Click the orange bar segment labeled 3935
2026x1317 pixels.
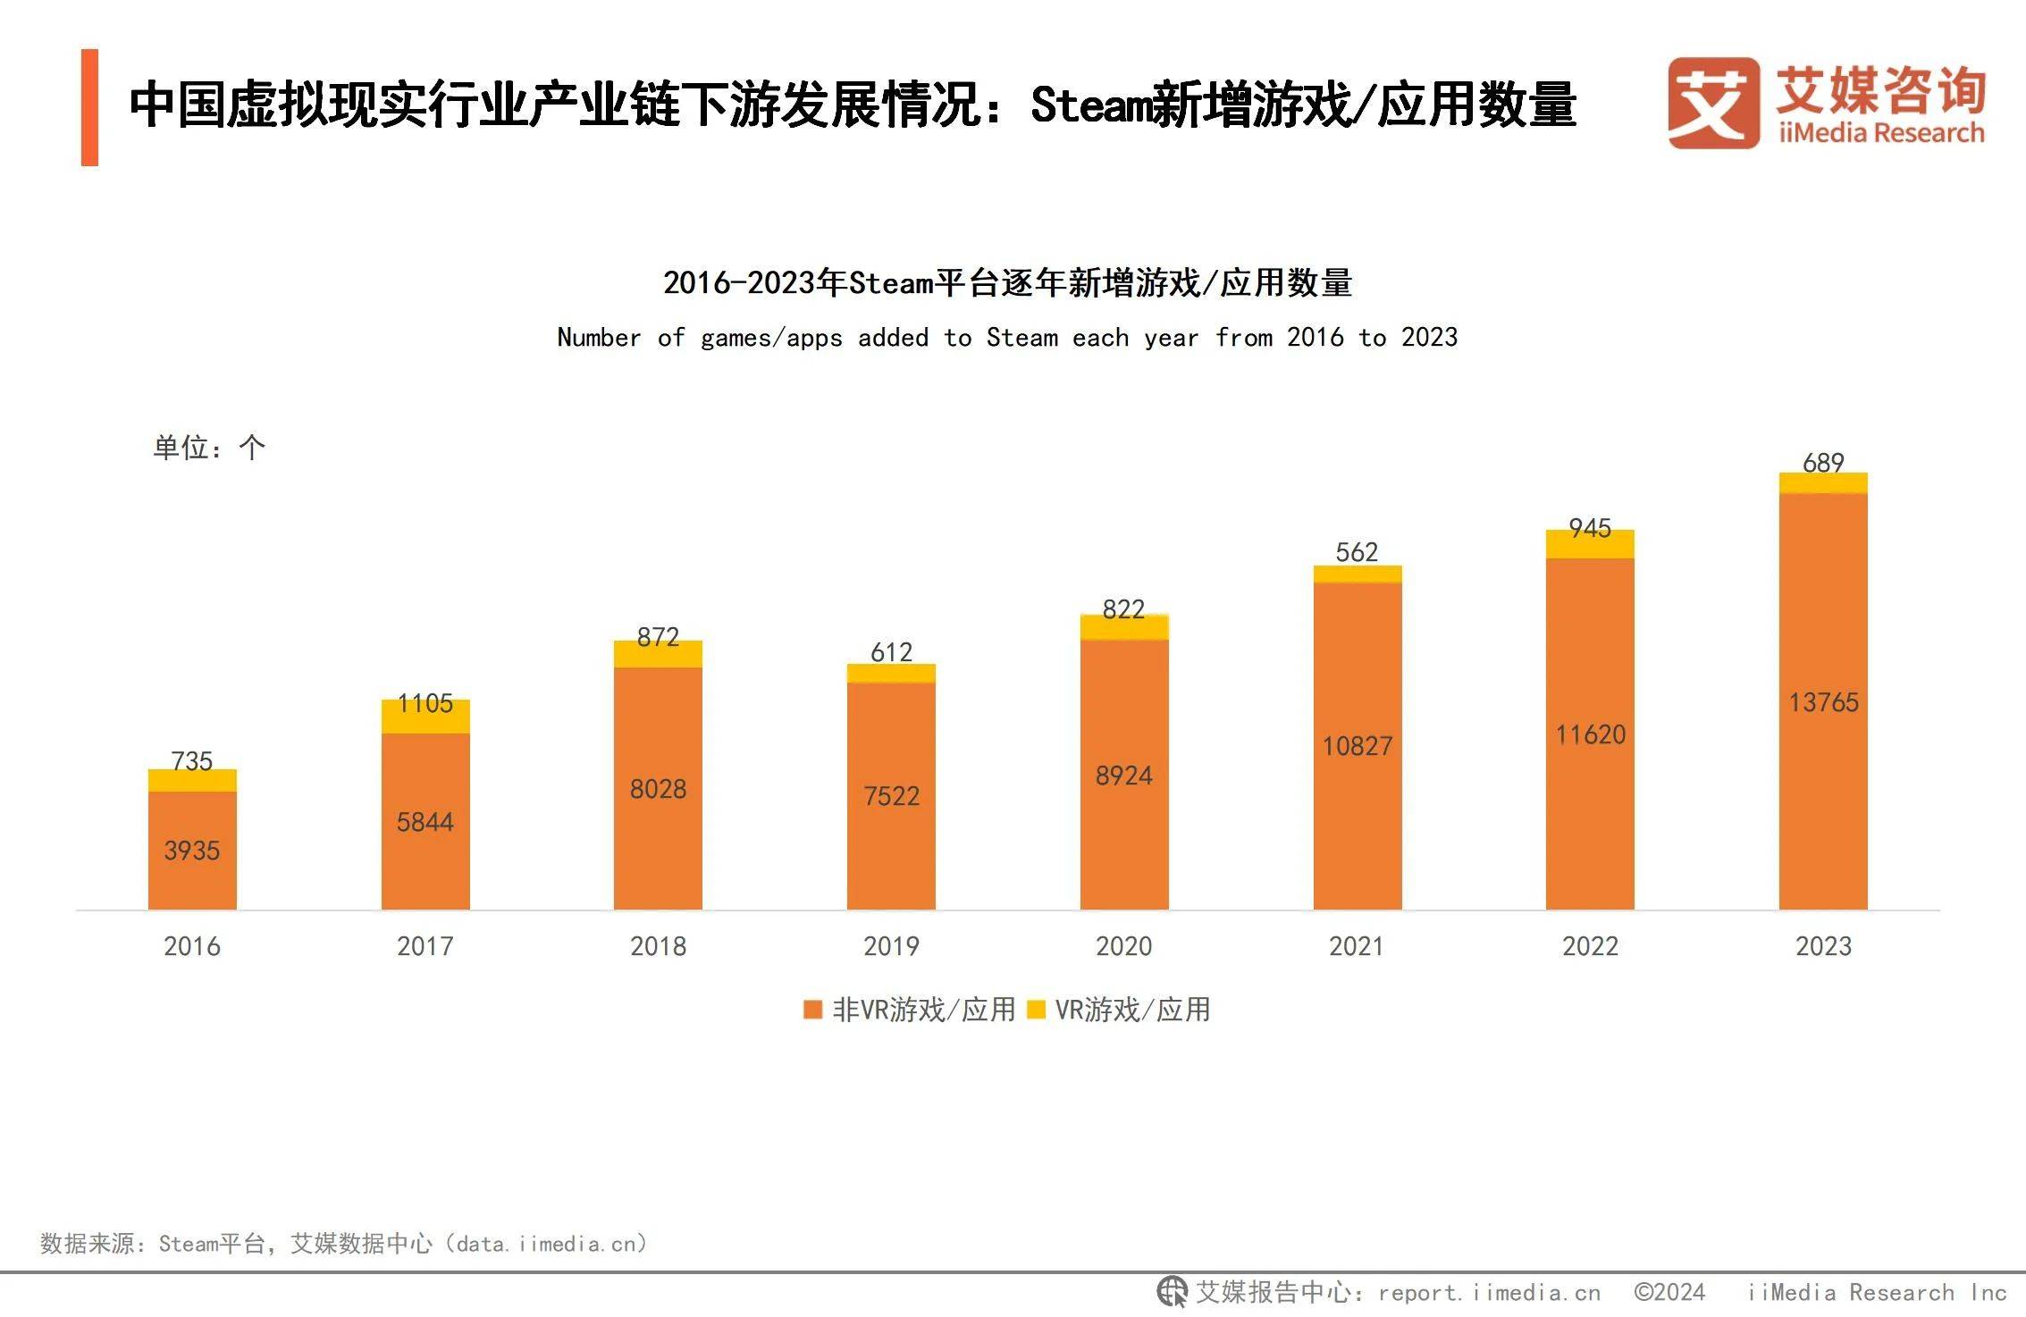(192, 850)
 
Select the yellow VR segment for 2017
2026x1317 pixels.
(425, 717)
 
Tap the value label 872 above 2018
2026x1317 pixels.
(658, 636)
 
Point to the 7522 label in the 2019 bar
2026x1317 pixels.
(891, 795)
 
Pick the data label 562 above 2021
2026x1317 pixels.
(1357, 551)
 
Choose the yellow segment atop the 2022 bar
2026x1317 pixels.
(1590, 544)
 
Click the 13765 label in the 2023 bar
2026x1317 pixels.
(1823, 702)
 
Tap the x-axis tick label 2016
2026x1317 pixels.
(192, 946)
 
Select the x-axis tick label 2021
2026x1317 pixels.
(1357, 946)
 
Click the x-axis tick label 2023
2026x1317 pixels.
(1823, 946)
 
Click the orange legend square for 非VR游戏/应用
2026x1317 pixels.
(812, 1010)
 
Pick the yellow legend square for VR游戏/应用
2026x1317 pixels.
(1036, 1010)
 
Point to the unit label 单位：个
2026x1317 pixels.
(209, 447)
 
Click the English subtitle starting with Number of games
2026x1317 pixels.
(1007, 338)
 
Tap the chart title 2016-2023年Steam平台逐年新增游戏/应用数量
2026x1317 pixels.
(1007, 282)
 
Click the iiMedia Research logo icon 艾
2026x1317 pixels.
(1712, 104)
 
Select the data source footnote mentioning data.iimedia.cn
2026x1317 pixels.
(344, 1243)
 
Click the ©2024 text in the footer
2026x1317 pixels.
(1669, 1292)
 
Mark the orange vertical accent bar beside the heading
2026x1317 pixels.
(89, 107)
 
